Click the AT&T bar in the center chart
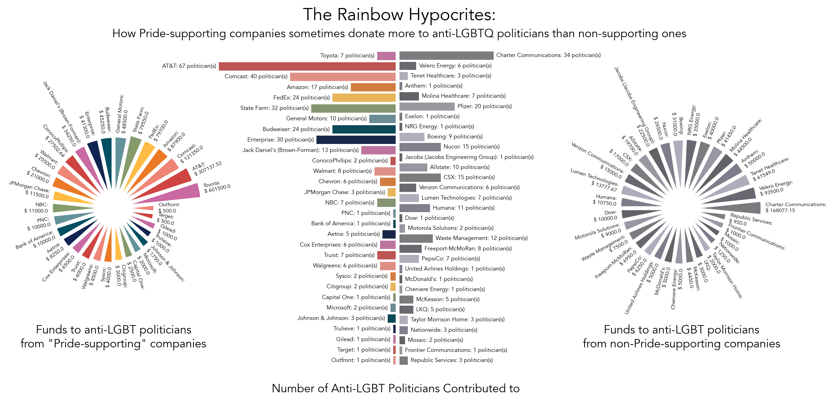coord(307,66)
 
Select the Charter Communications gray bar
coord(446,56)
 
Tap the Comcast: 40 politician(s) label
coord(256,77)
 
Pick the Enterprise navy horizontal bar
coord(356,140)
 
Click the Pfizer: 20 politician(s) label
coord(484,106)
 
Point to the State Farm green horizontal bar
coord(353,108)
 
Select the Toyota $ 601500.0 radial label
coord(217,187)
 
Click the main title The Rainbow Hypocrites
coord(399,15)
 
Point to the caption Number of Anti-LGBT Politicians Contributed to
coord(396,388)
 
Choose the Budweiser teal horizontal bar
coord(364,129)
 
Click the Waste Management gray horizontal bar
coord(416,239)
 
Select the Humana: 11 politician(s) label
coord(463,208)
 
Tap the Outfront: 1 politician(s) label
coord(361,360)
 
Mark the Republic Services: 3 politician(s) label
coord(452,360)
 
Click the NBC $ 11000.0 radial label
coord(36,208)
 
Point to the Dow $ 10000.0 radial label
coord(605,216)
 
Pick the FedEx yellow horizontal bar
coord(364,98)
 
